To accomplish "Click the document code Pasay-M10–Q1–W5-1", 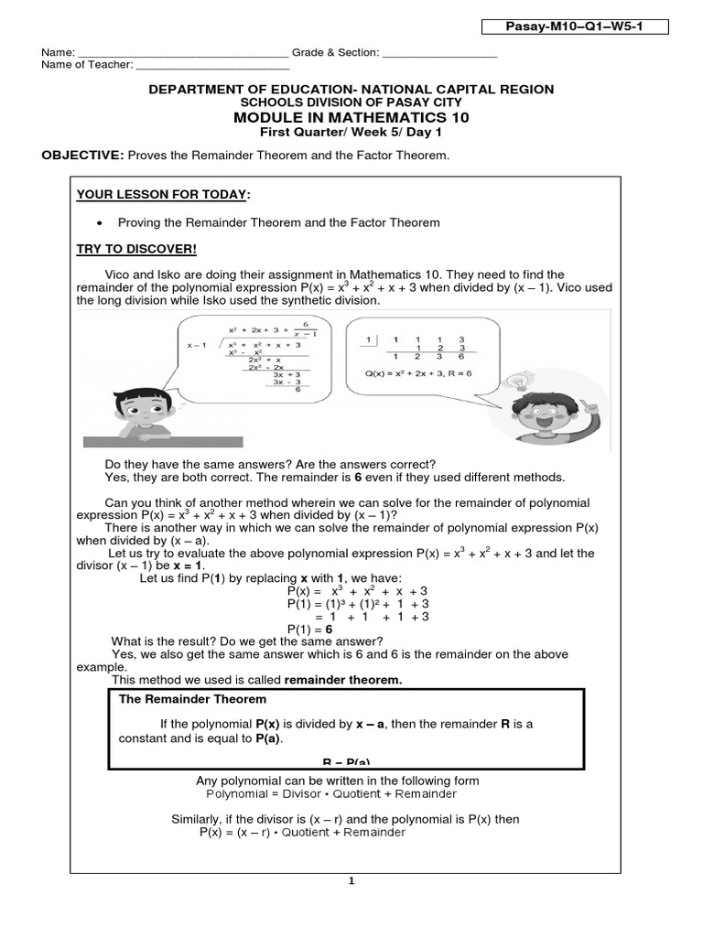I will coord(575,27).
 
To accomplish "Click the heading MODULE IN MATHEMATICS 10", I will coord(351,117).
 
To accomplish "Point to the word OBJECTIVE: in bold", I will coord(82,156).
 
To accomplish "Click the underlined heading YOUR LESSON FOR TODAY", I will coord(162,195).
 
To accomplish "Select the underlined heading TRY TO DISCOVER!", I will coord(136,250).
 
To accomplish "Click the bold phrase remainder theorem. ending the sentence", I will coord(343,680).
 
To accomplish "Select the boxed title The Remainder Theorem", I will coord(193,699).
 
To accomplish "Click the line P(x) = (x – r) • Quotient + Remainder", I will coord(302,833).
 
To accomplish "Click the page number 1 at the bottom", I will coord(351,882).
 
